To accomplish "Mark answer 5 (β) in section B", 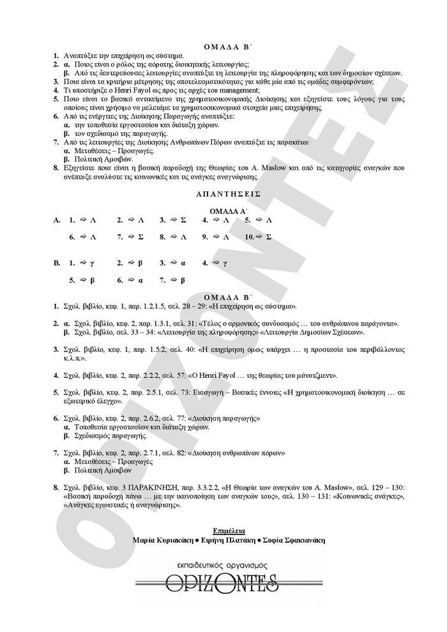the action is tap(82, 280).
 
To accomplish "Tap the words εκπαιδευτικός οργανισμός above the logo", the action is tap(223, 565).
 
